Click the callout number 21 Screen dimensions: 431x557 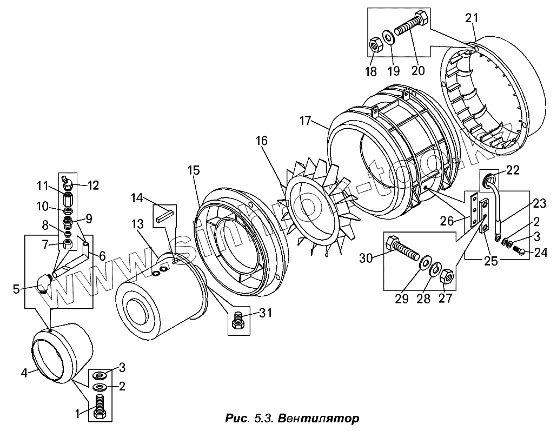coord(472,18)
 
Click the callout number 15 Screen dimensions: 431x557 coord(194,170)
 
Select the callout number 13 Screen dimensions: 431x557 coord(137,224)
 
